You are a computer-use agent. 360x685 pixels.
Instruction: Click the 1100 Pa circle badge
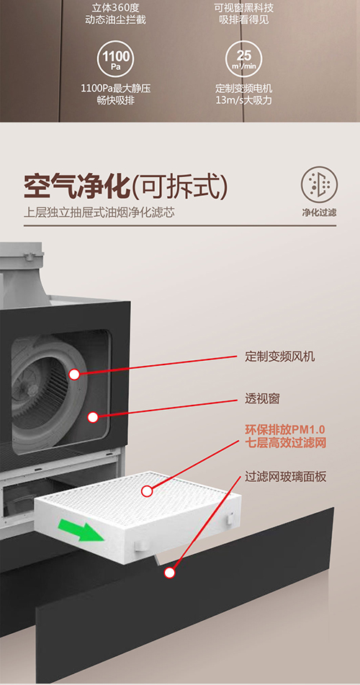coord(116,59)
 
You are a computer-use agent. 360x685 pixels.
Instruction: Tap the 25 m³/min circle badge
coord(244,59)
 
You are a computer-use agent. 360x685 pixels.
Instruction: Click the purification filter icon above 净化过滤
coord(320,184)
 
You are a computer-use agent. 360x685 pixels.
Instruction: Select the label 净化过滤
coord(320,212)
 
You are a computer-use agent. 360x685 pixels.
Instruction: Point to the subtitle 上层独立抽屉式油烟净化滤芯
coord(99,214)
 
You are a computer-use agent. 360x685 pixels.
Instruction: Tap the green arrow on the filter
coord(84,529)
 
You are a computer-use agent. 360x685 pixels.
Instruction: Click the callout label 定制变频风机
coord(279,357)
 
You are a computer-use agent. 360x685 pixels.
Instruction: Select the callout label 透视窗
coord(262,399)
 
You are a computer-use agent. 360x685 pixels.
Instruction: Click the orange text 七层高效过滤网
coord(285,443)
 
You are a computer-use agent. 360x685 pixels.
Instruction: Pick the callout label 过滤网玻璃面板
coord(285,477)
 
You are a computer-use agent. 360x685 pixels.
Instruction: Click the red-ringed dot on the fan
coord(74,375)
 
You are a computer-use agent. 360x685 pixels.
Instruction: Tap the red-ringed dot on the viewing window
coord(93,417)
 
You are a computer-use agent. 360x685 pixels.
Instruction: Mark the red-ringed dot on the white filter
coord(147,491)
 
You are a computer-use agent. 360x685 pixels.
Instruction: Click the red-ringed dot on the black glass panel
coord(169,573)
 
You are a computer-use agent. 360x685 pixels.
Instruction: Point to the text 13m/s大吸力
coord(244,100)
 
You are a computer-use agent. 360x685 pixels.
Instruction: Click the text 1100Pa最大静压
coord(116,89)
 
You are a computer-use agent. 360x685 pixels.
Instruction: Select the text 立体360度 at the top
coord(116,9)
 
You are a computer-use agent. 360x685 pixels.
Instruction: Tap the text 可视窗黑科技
coord(244,9)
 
